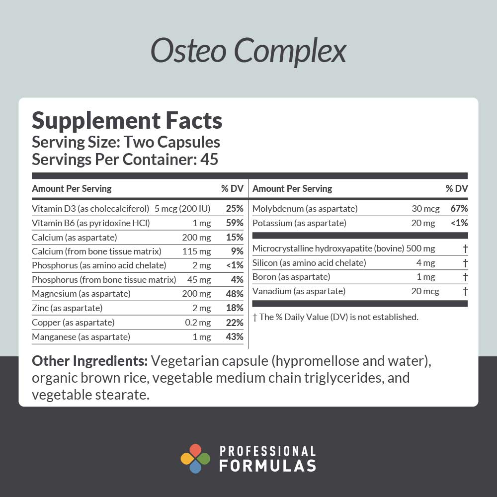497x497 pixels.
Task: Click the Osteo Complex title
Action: pyautogui.click(x=248, y=51)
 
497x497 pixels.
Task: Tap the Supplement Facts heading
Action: pyautogui.click(x=127, y=121)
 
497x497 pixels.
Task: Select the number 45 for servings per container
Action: pyautogui.click(x=209, y=160)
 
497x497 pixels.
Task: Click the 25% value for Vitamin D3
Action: pyautogui.click(x=235, y=208)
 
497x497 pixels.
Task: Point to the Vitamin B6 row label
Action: pyautogui.click(x=90, y=223)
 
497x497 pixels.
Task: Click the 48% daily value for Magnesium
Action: pyautogui.click(x=235, y=294)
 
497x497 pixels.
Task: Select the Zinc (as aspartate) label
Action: pyautogui.click(x=67, y=308)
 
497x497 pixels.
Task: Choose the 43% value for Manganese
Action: pyautogui.click(x=235, y=337)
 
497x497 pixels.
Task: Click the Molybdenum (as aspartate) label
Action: pyautogui.click(x=305, y=209)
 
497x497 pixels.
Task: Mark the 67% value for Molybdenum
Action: pyautogui.click(x=459, y=209)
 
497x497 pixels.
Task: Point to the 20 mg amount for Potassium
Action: pyautogui.click(x=423, y=223)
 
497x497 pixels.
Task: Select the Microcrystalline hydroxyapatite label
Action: pyautogui.click(x=329, y=248)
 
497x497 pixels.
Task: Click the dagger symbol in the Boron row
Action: pyautogui.click(x=465, y=277)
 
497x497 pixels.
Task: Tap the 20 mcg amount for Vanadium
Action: pyautogui.click(x=425, y=291)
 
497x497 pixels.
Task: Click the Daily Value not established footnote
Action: pyautogui.click(x=335, y=317)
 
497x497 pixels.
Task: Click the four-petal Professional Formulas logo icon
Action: pyautogui.click(x=195, y=458)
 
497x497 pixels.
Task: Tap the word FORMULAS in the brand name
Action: pyautogui.click(x=267, y=466)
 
